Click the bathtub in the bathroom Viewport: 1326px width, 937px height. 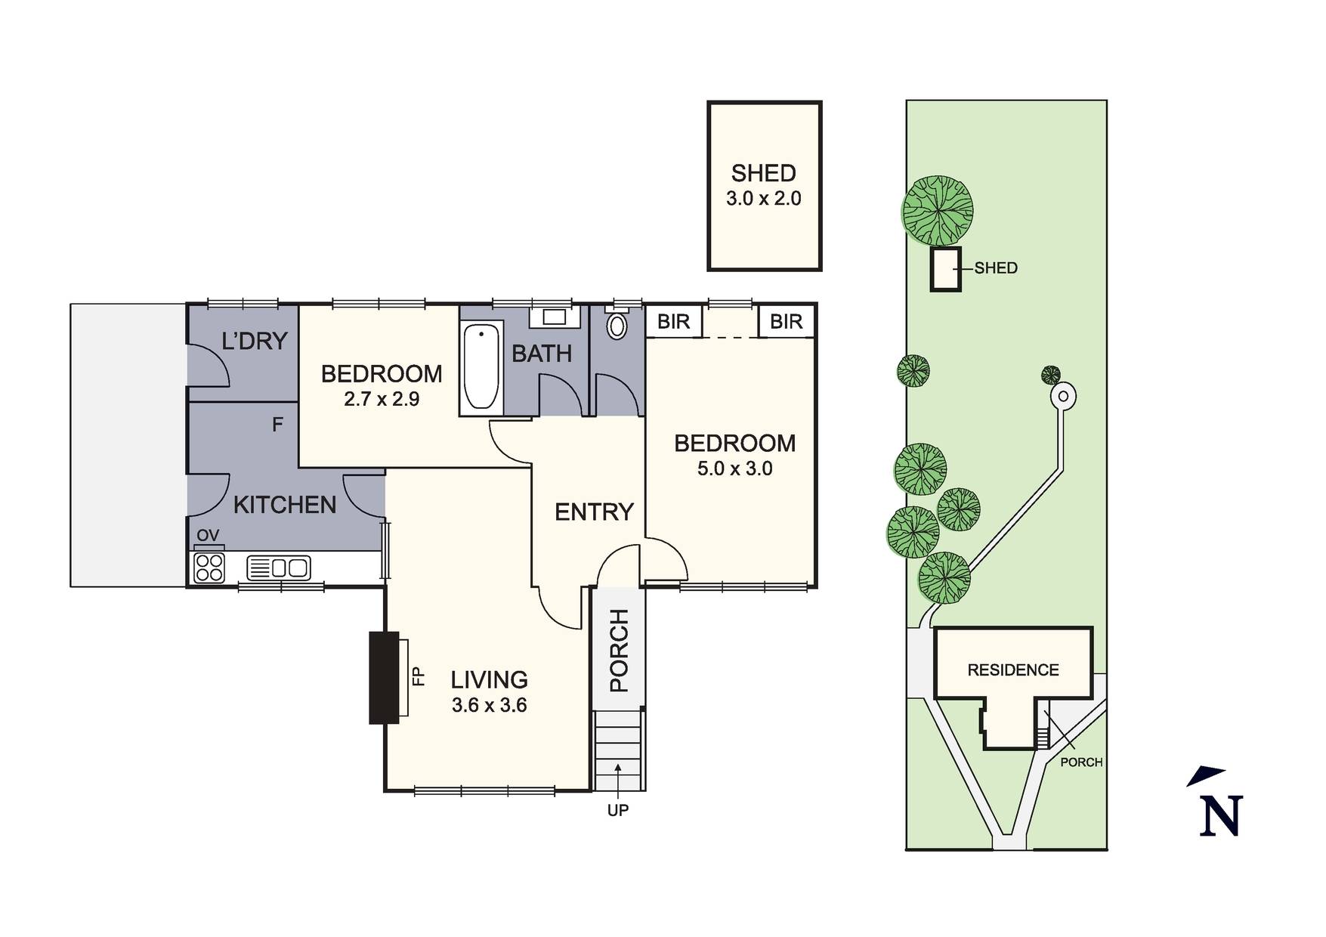pyautogui.click(x=481, y=366)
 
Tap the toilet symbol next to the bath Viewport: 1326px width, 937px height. pyautogui.click(x=617, y=326)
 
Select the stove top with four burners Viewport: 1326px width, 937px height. pyautogui.click(x=209, y=567)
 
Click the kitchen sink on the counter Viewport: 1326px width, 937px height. pyautogui.click(x=279, y=567)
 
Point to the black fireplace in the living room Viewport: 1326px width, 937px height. pyautogui.click(x=384, y=678)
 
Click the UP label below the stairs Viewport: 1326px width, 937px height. pyautogui.click(x=618, y=810)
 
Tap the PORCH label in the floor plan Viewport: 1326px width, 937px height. pyautogui.click(x=619, y=651)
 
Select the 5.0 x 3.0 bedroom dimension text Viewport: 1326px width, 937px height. pyautogui.click(x=734, y=468)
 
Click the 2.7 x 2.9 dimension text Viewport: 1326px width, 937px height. pyautogui.click(x=382, y=399)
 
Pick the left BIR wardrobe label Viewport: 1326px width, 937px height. pyautogui.click(x=673, y=322)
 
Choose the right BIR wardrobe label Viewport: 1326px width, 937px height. pyautogui.click(x=786, y=322)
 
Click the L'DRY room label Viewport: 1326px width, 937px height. pyautogui.click(x=255, y=342)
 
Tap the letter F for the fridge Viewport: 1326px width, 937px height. pyautogui.click(x=277, y=425)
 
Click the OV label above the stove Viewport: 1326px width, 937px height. pyautogui.click(x=208, y=536)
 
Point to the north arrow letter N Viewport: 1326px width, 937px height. pyautogui.click(x=1220, y=816)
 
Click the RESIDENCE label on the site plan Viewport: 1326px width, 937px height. pyautogui.click(x=1013, y=670)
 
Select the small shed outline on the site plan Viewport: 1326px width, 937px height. pyautogui.click(x=945, y=269)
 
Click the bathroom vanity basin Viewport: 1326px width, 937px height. pyautogui.click(x=555, y=317)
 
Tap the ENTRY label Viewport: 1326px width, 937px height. pyautogui.click(x=594, y=512)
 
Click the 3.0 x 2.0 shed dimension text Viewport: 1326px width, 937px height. pyautogui.click(x=764, y=199)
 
